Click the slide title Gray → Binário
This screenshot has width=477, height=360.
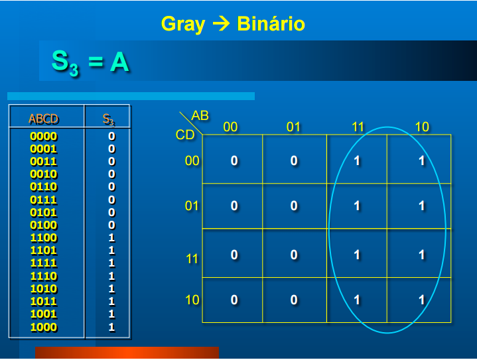(233, 25)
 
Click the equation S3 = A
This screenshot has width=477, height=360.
(90, 62)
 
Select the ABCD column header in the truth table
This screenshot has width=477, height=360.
(44, 119)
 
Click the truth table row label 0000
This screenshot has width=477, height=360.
(44, 137)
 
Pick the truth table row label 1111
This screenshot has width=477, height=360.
(44, 263)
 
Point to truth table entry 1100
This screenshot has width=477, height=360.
(44, 238)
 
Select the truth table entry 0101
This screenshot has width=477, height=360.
(44, 213)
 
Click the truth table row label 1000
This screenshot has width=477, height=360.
(44, 327)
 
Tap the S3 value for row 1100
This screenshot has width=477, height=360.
(111, 238)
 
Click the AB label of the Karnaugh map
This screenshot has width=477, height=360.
(200, 116)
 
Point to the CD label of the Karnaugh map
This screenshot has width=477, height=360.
(185, 135)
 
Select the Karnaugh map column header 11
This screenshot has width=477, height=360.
(358, 127)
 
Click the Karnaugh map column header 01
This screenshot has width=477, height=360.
(294, 127)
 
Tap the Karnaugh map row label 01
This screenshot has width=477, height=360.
(192, 206)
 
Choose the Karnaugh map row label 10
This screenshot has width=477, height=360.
(192, 300)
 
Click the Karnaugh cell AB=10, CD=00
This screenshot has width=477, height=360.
(421, 160)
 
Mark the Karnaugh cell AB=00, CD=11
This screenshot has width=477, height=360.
(234, 255)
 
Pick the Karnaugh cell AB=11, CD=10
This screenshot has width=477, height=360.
(357, 300)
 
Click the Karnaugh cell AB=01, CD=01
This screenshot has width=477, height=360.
(294, 206)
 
